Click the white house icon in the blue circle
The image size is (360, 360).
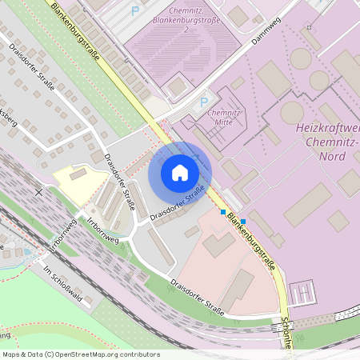tap(180, 172)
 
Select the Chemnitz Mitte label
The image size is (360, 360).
tap(225, 119)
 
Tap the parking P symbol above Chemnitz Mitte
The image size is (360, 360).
tap(204, 102)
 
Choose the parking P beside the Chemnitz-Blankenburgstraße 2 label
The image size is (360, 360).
tap(134, 11)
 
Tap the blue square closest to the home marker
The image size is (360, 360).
tap(223, 212)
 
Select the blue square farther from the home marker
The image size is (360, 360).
tap(243, 221)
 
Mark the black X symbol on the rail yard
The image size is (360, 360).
tap(38, 192)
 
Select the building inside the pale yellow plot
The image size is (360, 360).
tap(78, 174)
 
